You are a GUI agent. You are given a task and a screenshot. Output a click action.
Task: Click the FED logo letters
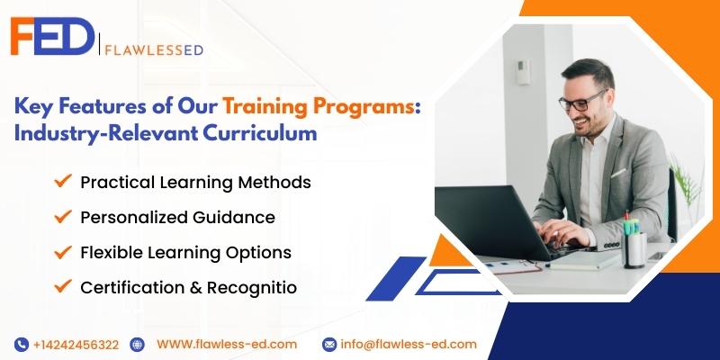click(52, 36)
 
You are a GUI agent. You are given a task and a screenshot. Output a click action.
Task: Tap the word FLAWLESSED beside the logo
click(154, 50)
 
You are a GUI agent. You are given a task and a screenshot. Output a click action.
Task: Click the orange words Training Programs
click(319, 106)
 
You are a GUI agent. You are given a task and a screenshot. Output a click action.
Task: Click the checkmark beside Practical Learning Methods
click(63, 181)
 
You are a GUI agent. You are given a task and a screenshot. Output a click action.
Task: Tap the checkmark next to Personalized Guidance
click(63, 216)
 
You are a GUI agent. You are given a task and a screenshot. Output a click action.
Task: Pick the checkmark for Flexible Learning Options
click(63, 251)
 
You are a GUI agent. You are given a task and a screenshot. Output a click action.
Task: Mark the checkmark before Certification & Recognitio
click(63, 286)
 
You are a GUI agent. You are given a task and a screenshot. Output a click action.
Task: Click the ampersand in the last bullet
click(194, 288)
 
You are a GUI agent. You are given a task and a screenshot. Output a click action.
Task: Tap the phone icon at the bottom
click(21, 345)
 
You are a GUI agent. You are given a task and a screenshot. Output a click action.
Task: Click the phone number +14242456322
click(76, 345)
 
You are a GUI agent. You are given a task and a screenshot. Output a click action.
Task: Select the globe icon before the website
click(137, 345)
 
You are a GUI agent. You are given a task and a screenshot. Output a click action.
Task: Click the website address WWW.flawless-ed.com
click(227, 345)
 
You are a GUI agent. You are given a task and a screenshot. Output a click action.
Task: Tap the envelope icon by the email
click(329, 345)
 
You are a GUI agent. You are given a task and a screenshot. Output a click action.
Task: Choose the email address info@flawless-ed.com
click(409, 345)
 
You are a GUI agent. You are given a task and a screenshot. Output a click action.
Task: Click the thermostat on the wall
click(523, 72)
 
